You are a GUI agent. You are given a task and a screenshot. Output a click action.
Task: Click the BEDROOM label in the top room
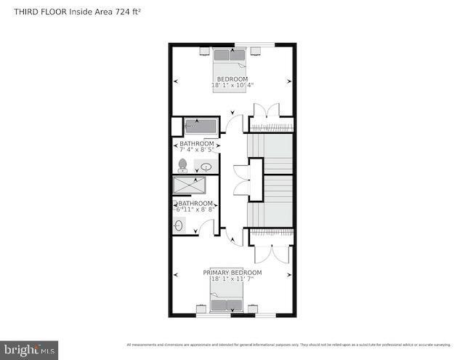(232, 79)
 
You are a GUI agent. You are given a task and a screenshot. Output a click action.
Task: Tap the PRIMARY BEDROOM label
(232, 272)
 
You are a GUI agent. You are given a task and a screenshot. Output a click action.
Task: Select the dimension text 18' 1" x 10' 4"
(232, 86)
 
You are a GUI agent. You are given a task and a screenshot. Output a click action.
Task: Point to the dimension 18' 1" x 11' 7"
(232, 279)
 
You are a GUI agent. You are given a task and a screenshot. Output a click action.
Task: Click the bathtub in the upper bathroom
(200, 126)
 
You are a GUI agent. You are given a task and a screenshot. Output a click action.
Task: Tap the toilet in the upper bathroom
(182, 165)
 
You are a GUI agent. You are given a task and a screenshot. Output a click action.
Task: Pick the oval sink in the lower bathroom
(179, 225)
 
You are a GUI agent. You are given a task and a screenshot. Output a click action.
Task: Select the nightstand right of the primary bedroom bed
(253, 308)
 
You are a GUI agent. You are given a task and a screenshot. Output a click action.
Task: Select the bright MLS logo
(29, 351)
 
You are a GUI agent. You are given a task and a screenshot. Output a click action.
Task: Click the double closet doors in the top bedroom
(265, 113)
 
